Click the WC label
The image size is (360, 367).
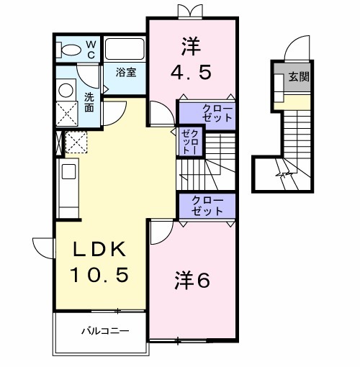(91, 49)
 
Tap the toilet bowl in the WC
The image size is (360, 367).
(71, 50)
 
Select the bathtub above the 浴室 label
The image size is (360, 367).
(125, 49)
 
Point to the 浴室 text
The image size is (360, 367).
(127, 72)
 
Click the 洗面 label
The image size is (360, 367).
(89, 102)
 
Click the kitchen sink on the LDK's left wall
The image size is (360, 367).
(68, 173)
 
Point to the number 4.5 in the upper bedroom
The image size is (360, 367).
(191, 72)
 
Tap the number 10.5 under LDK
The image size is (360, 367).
(99, 273)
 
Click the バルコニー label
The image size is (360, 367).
(104, 333)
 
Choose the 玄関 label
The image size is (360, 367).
(300, 77)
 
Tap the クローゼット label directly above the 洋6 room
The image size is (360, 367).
(207, 206)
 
